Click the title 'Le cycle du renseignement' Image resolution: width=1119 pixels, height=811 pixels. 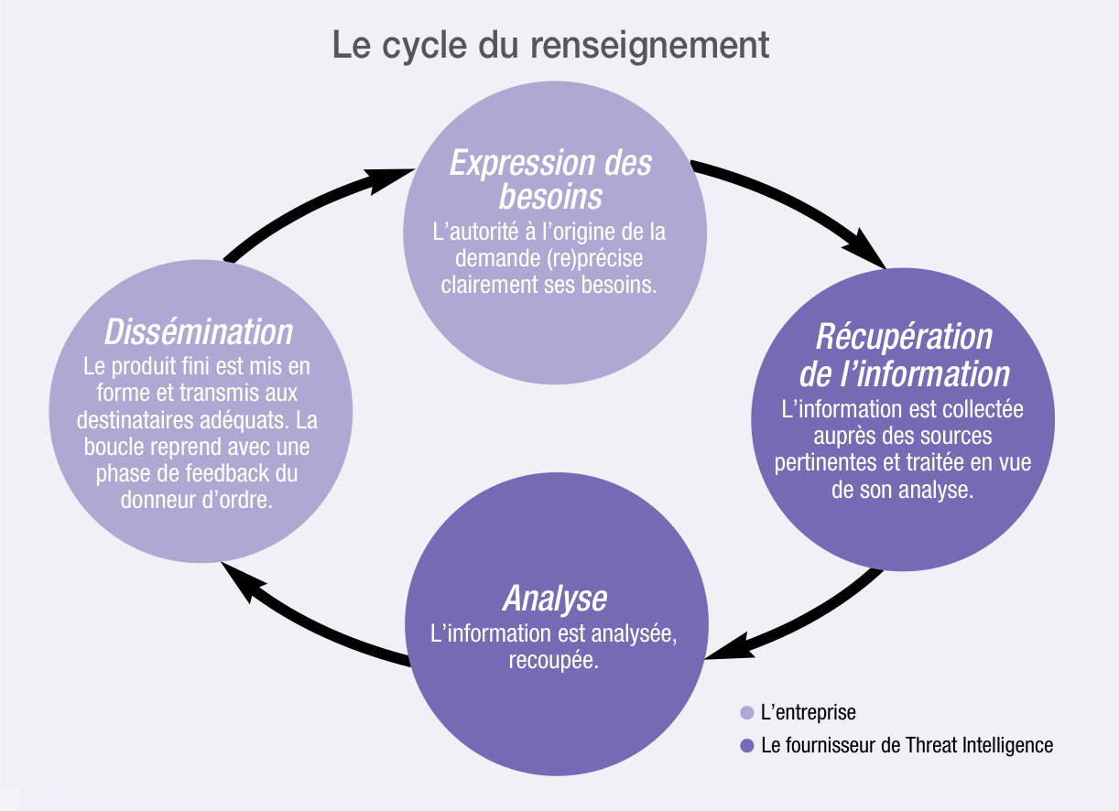pos(550,45)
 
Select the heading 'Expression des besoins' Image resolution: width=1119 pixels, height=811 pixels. pos(550,179)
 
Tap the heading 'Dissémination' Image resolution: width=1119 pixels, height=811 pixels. pos(199,331)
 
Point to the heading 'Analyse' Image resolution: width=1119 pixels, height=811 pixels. pos(555,598)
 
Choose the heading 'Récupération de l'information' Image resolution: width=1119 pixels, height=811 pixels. pos(904,355)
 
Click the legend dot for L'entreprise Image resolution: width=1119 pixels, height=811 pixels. pos(746,712)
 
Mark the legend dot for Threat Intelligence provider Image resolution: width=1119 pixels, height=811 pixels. pos(746,745)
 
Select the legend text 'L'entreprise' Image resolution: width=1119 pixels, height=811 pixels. pos(809,712)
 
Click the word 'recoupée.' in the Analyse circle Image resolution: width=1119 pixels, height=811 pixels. pos(554,660)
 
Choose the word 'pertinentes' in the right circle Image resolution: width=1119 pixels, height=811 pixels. pos(820,463)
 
